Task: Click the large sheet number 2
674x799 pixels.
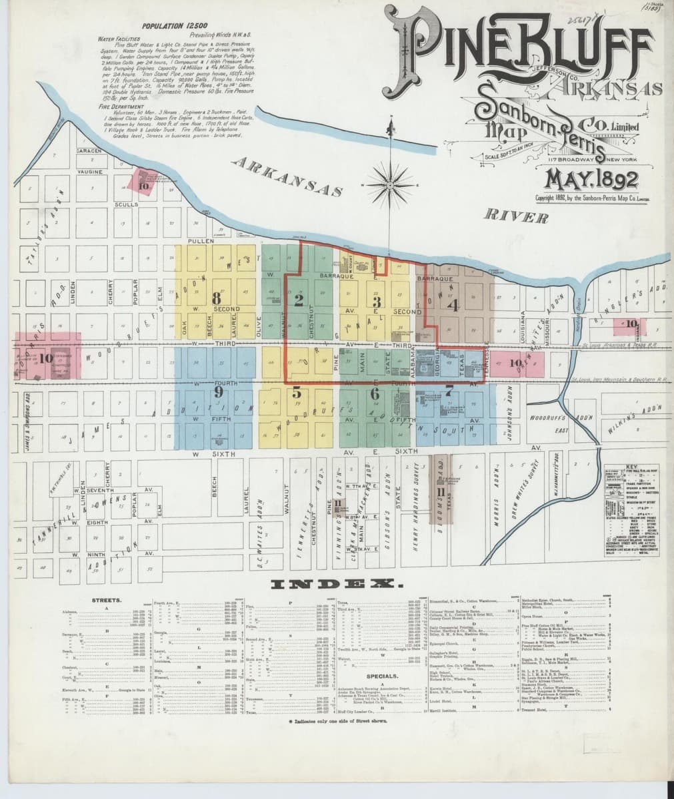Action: pos(298,300)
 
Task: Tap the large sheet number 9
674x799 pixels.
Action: pos(217,393)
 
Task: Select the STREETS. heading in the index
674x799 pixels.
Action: pos(106,601)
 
